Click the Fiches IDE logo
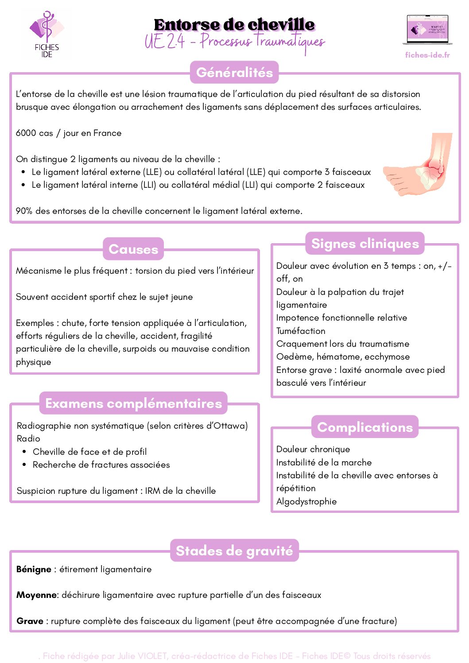pos(46,35)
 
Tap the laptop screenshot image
pos(427,30)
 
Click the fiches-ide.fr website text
pos(427,55)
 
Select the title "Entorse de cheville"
pos(234,25)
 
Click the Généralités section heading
pos(234,72)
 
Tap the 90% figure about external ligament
pos(24,211)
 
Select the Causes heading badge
pos(133,249)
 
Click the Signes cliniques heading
pos(365,244)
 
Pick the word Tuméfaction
pos(301,331)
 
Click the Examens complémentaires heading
pos(133,403)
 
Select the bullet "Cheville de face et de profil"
pos(89,452)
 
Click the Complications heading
pos(365,427)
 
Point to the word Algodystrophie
pos(306,501)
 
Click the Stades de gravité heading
pos(234,551)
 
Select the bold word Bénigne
pos(34,569)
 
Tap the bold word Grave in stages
pos(30,621)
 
